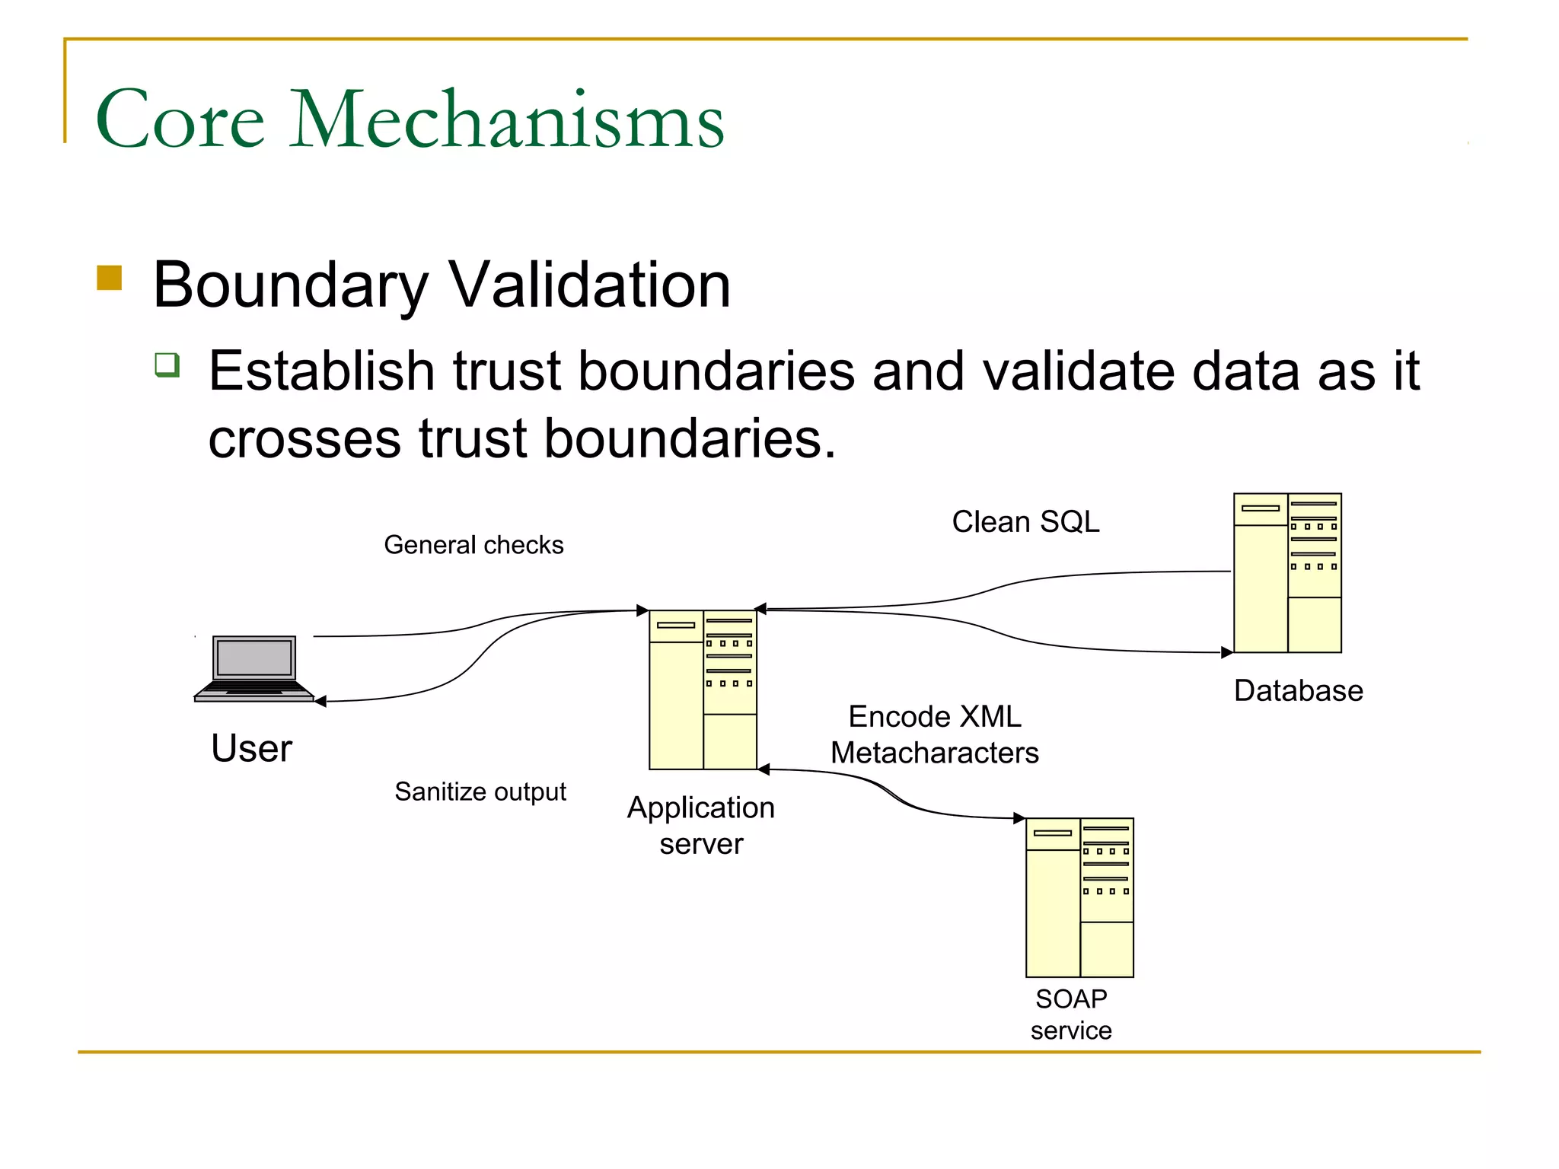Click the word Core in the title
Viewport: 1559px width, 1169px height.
click(180, 119)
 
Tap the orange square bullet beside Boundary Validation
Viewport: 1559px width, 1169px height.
click(110, 278)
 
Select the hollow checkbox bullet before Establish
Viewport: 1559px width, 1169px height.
click(167, 365)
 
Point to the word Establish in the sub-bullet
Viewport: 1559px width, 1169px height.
click(321, 371)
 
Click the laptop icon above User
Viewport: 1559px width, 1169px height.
click(253, 667)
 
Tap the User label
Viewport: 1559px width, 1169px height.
click(251, 748)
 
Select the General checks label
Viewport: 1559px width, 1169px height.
click(473, 545)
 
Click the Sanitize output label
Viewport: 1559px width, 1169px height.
click(480, 792)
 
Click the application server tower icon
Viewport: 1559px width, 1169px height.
click(703, 690)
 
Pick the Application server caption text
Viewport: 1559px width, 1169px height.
click(701, 825)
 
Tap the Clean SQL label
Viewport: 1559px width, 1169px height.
click(1025, 522)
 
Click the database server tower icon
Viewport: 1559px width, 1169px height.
click(1287, 572)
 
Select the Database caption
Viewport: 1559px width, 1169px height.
click(1298, 690)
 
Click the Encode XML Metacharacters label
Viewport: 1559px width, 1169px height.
click(934, 734)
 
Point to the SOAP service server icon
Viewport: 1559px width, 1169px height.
click(1079, 897)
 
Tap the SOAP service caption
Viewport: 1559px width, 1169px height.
click(1071, 1014)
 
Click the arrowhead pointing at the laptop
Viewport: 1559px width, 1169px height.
click(320, 701)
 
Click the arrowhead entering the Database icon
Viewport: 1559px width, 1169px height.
click(1226, 652)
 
